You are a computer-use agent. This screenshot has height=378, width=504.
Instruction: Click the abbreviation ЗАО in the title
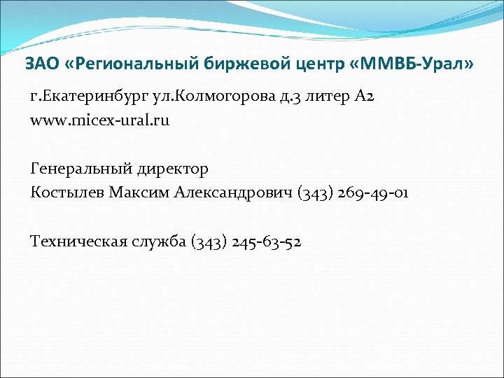(x=39, y=64)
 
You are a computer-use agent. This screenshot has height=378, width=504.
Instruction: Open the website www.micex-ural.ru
(x=100, y=120)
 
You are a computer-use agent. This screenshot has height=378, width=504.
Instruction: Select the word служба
(x=158, y=241)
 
